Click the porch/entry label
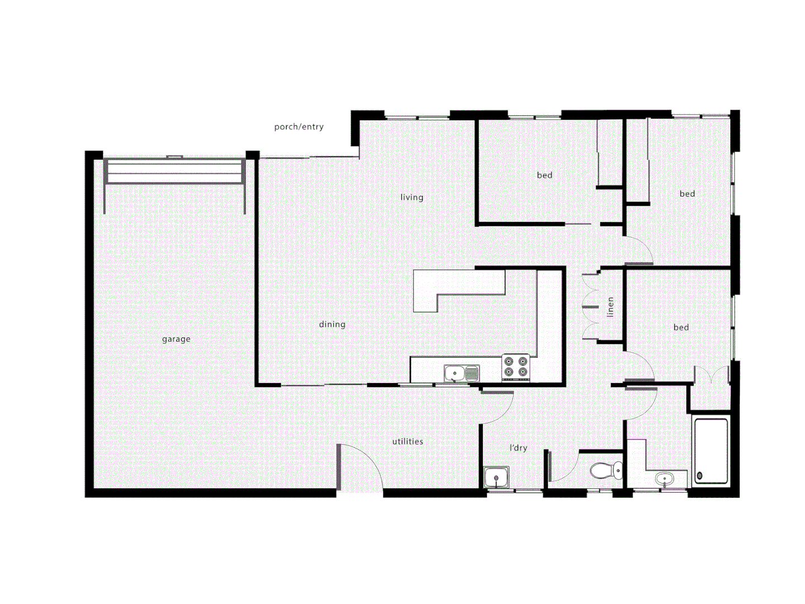pyautogui.click(x=299, y=127)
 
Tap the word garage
pyautogui.click(x=176, y=339)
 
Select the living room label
pyautogui.click(x=411, y=197)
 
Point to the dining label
pyautogui.click(x=332, y=324)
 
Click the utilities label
pyautogui.click(x=408, y=441)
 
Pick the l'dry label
pyautogui.click(x=518, y=447)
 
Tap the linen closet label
pyautogui.click(x=610, y=306)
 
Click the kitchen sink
pyautogui.click(x=461, y=373)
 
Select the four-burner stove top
pyautogui.click(x=515, y=367)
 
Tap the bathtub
pyautogui.click(x=711, y=451)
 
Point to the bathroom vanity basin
pyautogui.click(x=665, y=479)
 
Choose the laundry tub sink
pyautogui.click(x=496, y=478)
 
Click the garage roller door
pyautogui.click(x=174, y=171)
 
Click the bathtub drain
pyautogui.click(x=700, y=476)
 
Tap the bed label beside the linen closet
pyautogui.click(x=681, y=327)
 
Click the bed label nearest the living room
pyautogui.click(x=544, y=176)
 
